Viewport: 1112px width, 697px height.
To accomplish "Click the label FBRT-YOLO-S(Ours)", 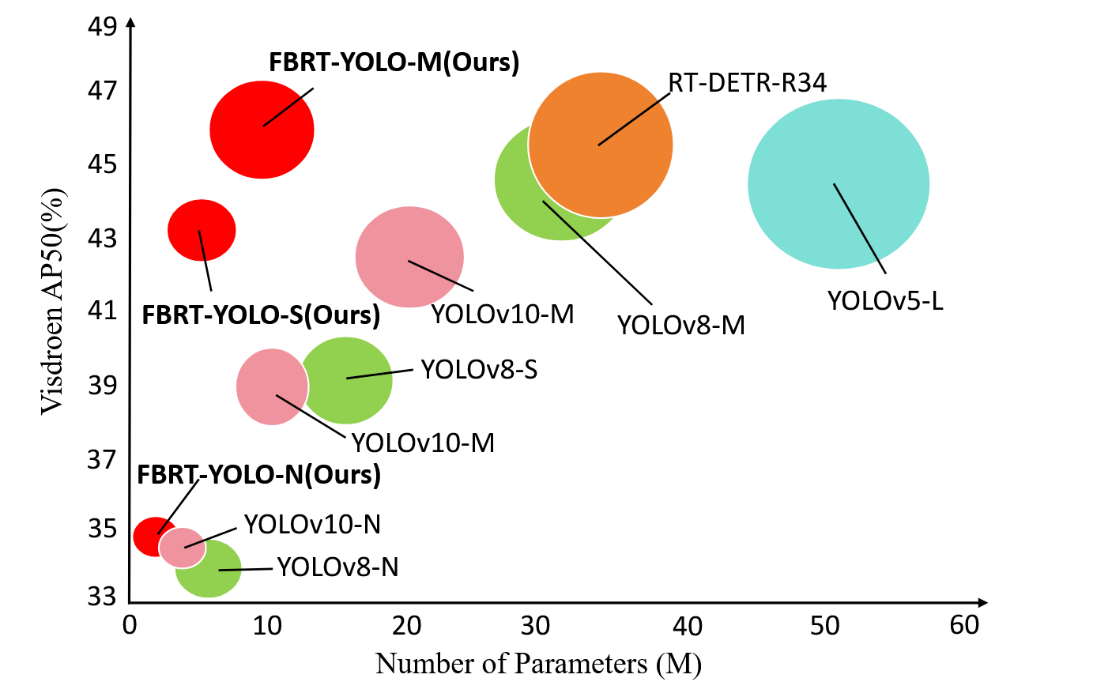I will click(x=261, y=315).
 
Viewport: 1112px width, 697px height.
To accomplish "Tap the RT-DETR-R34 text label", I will click(x=747, y=82).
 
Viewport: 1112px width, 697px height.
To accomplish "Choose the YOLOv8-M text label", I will click(x=680, y=325).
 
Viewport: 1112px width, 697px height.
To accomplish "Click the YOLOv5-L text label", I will click(x=885, y=301).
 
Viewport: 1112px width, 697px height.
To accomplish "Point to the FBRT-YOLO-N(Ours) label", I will click(x=258, y=475).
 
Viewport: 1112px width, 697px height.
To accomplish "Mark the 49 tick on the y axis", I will click(x=103, y=26).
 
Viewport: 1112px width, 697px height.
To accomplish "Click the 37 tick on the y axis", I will click(x=103, y=458).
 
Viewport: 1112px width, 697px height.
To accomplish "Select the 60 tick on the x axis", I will click(x=964, y=626).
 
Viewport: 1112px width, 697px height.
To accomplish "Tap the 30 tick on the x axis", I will click(x=535, y=626).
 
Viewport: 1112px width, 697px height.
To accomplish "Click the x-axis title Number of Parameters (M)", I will click(x=538, y=664).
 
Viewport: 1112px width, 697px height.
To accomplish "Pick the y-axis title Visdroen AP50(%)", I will click(x=52, y=300).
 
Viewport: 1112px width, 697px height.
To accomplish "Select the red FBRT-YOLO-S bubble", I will click(x=202, y=230).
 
